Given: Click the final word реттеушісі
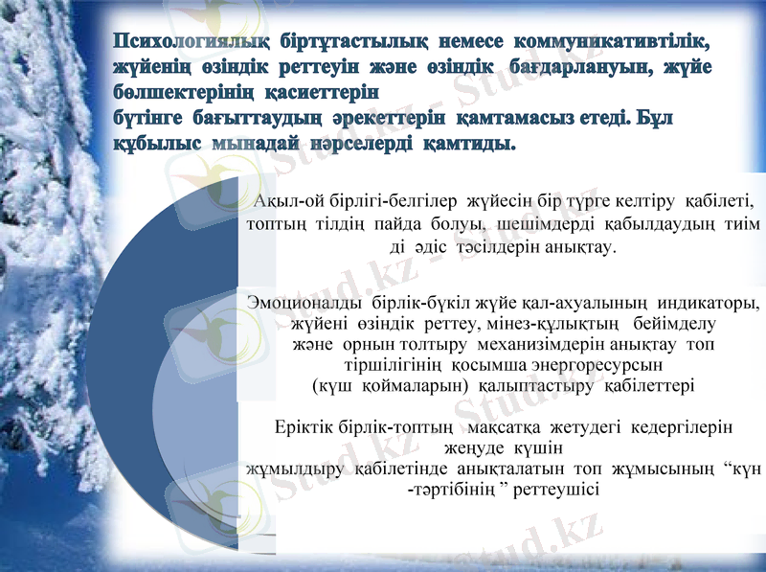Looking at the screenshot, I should (558, 490).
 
